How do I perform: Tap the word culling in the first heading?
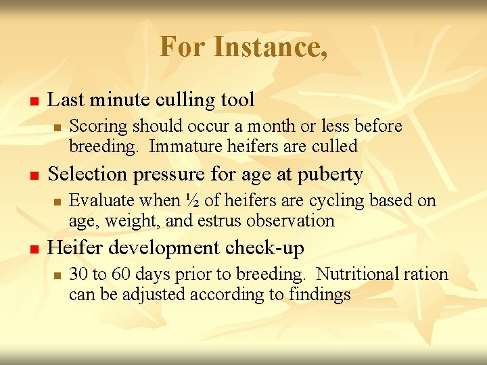point(189,100)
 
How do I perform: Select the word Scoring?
point(99,126)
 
